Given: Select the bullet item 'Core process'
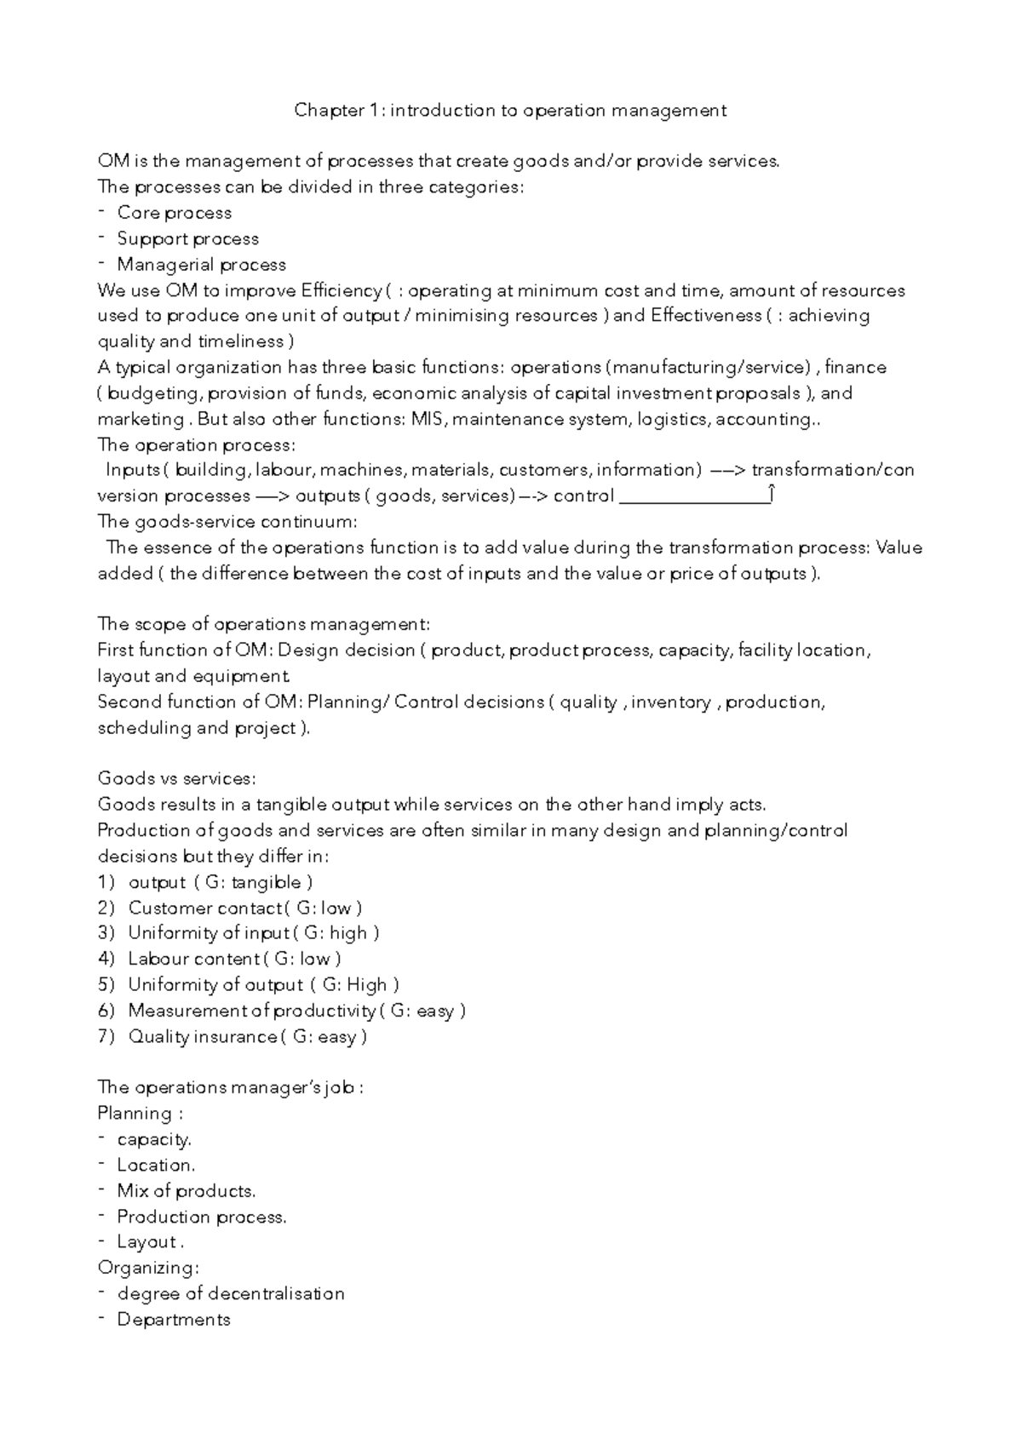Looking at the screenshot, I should (x=174, y=213).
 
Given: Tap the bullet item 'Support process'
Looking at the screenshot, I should (x=187, y=239).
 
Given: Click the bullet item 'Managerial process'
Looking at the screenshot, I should (x=201, y=265).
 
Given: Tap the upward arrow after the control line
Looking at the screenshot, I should (x=771, y=494).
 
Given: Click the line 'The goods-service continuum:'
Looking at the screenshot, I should (x=227, y=521).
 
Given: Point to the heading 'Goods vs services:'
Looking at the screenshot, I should (x=176, y=778).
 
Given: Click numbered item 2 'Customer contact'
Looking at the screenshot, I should (x=204, y=908).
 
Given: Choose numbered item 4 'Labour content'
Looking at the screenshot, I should (x=193, y=959).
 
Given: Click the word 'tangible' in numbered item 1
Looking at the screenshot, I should (x=266, y=882).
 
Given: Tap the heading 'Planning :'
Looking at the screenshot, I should (x=141, y=1114).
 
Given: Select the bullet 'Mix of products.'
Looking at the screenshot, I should (x=186, y=1191).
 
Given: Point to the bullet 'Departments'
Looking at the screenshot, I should (x=173, y=1320).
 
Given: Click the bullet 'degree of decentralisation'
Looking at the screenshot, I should (x=230, y=1294).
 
